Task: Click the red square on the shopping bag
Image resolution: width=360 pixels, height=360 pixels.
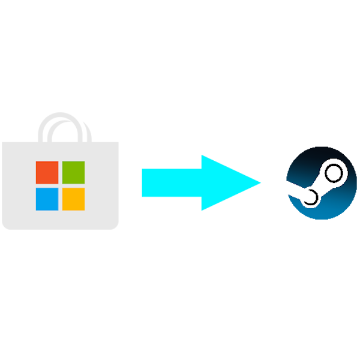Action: (47, 172)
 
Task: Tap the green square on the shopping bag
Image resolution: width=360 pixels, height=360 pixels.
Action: (73, 172)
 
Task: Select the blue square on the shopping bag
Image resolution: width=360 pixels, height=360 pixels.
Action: (47, 199)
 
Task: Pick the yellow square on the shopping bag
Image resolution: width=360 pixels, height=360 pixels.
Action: (73, 199)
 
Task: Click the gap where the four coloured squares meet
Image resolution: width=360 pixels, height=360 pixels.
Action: (60, 185)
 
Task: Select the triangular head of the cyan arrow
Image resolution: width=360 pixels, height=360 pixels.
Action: (225, 182)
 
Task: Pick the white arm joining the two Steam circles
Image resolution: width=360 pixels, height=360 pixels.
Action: (322, 186)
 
